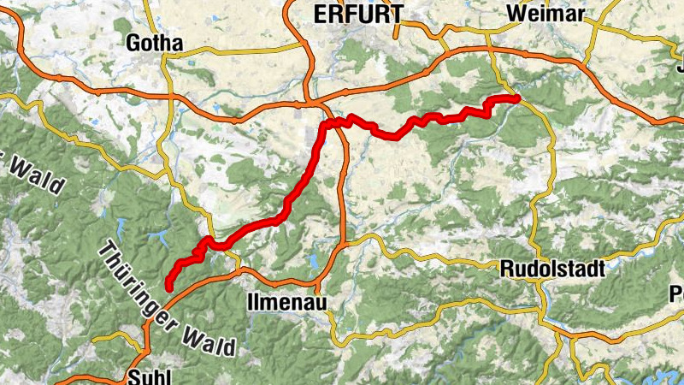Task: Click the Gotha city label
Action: pos(154,43)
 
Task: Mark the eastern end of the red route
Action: pos(517,98)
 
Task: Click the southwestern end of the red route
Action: pos(168,287)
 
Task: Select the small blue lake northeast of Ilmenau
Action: pos(315,260)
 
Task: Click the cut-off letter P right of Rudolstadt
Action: pos(678,293)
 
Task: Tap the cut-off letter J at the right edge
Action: pos(680,66)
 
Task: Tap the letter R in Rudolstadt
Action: pos(505,269)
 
